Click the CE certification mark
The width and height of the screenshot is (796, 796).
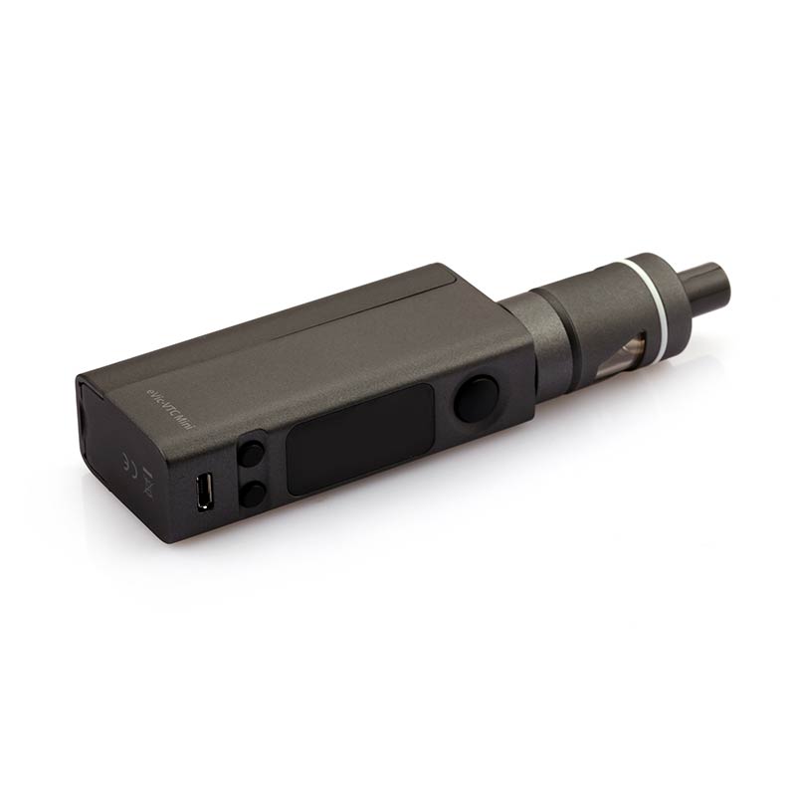[x=127, y=464]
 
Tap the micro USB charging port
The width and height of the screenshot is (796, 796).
[x=204, y=492]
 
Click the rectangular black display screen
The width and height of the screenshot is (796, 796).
[x=359, y=438]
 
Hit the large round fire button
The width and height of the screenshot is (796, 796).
[x=477, y=400]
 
